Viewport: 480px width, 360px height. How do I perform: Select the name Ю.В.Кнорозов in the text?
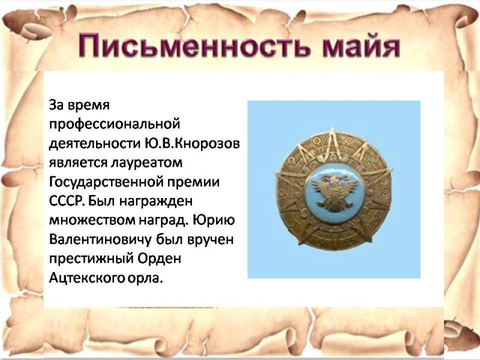click(x=192, y=143)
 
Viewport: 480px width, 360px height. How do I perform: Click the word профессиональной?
click(x=115, y=125)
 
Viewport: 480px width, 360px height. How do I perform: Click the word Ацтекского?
click(x=86, y=278)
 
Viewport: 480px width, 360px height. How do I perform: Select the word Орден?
click(x=159, y=259)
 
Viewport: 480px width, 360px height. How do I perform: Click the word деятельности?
click(x=95, y=144)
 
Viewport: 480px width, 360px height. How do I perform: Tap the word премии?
click(x=200, y=183)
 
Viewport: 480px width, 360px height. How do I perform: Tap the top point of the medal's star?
click(x=333, y=128)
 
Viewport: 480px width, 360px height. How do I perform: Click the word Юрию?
click(x=214, y=221)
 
